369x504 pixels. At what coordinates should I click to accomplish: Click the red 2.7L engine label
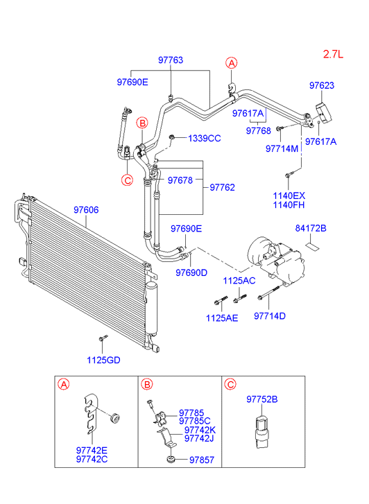334,54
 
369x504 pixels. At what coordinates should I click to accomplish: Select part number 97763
171,60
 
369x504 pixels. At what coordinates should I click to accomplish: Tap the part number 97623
322,85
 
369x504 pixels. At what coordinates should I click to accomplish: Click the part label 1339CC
205,139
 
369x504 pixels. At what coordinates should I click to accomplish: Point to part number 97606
86,210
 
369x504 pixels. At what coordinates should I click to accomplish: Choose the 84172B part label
311,228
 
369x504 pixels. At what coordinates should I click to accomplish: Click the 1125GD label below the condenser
103,360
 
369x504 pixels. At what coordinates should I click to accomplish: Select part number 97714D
270,316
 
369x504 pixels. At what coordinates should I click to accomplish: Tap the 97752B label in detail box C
262,399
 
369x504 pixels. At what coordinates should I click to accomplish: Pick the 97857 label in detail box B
202,460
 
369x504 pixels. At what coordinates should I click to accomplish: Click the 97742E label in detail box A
92,451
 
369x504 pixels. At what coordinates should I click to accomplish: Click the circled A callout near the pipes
231,63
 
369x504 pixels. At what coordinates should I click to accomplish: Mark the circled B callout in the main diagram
142,123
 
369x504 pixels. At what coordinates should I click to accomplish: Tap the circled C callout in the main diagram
128,180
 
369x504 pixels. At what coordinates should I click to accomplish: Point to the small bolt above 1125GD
103,338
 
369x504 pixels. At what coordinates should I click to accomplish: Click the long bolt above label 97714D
268,293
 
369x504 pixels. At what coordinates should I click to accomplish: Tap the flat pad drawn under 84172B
311,246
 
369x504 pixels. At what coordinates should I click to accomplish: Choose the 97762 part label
222,187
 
